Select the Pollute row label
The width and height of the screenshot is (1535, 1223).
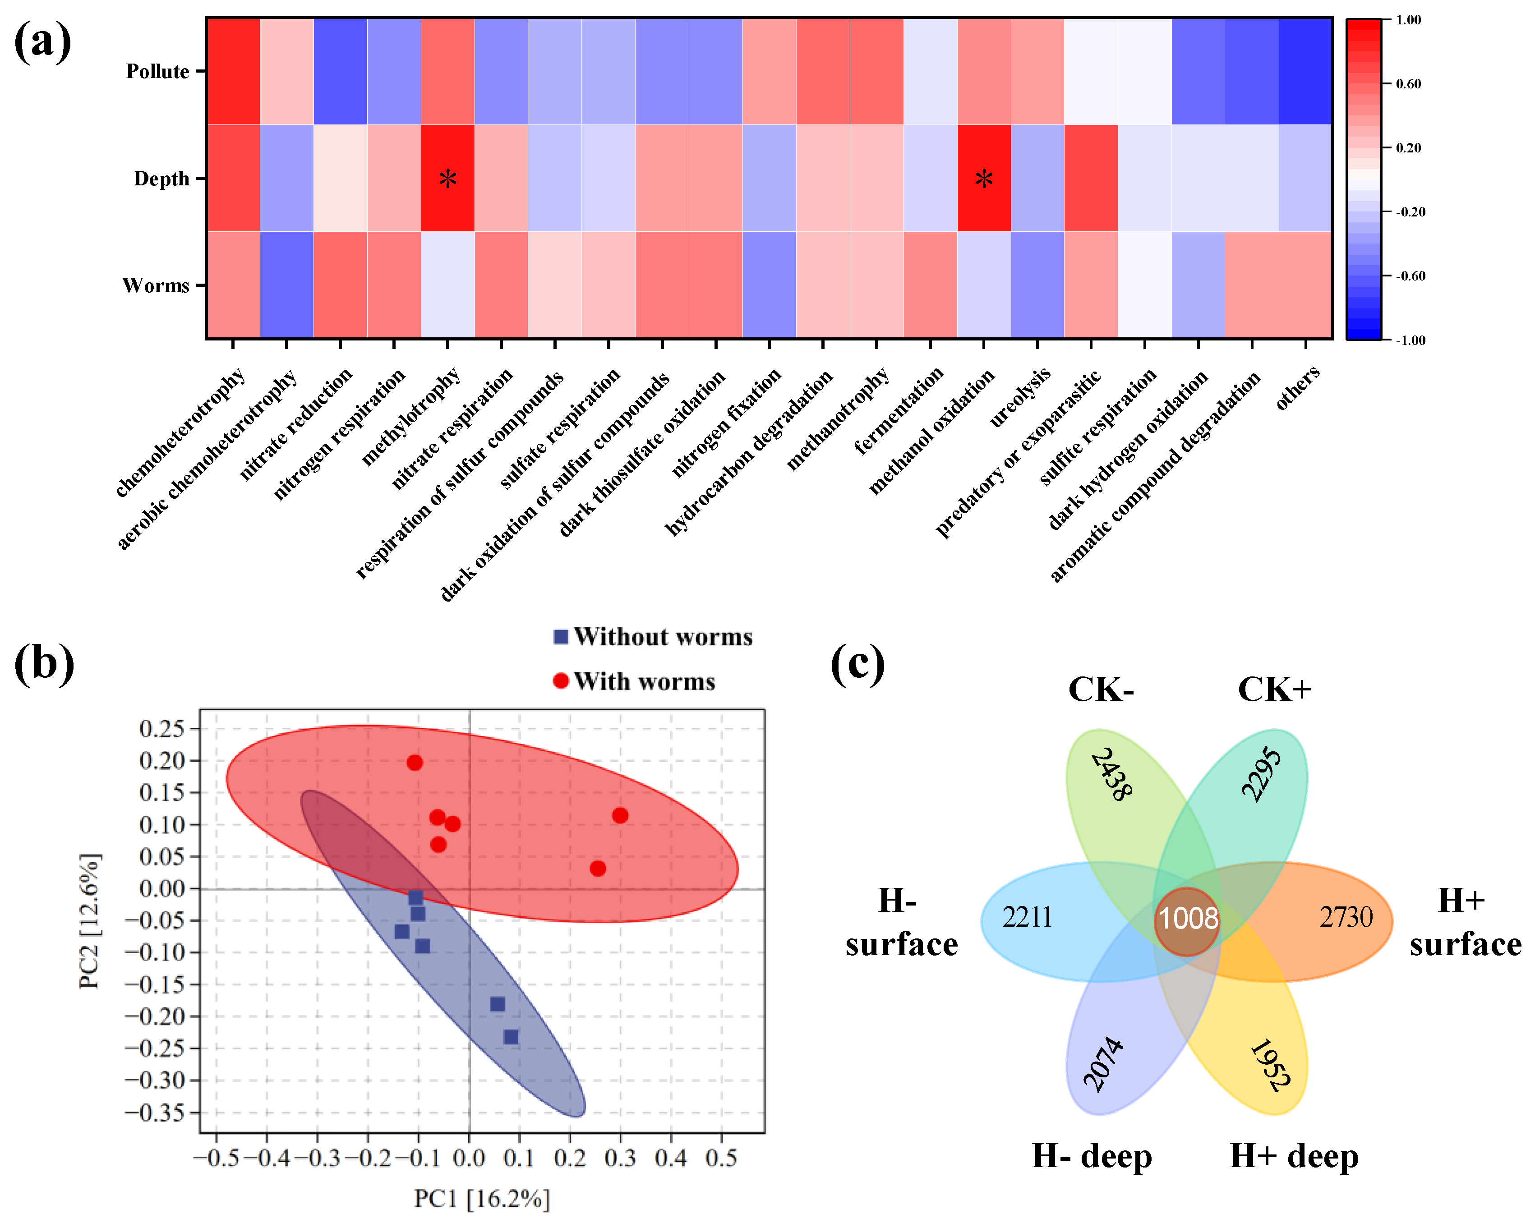157,71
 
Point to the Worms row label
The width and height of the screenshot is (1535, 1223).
156,285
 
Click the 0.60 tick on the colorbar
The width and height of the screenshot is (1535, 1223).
1407,84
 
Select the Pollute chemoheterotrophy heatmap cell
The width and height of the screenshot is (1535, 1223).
233,71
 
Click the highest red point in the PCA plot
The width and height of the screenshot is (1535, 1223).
415,763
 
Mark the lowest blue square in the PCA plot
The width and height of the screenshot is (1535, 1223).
511,1036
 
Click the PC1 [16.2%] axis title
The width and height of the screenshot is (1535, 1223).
482,1199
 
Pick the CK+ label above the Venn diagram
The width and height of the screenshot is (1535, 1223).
1274,689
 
